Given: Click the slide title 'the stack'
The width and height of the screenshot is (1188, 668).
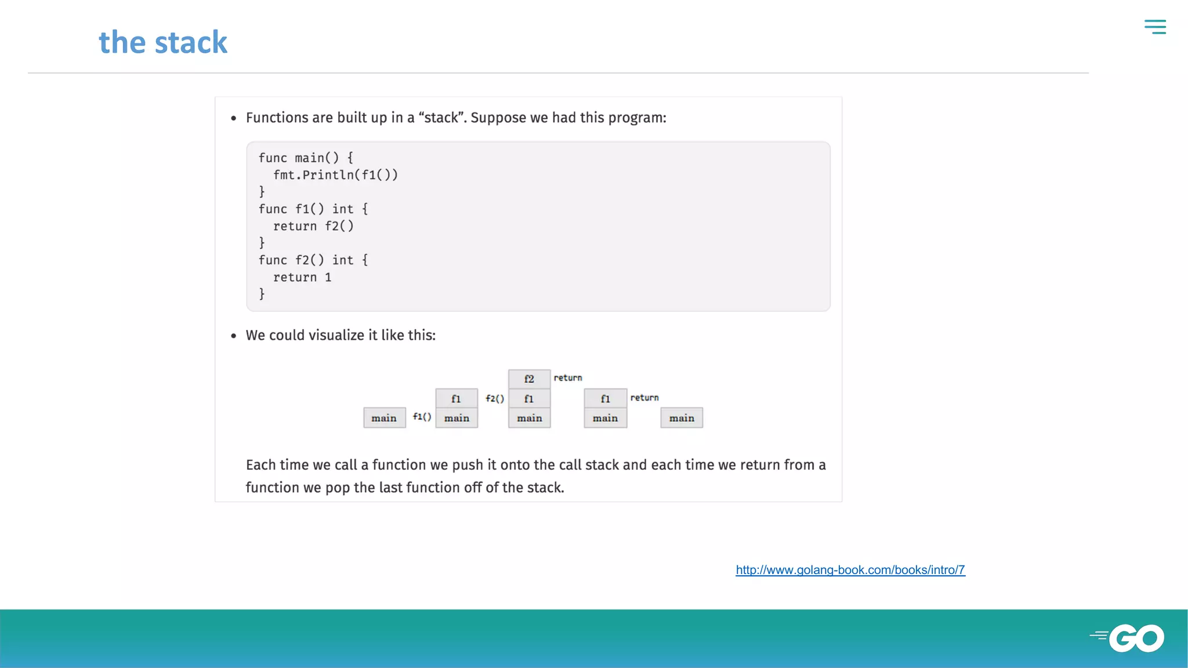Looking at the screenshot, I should click(x=163, y=42).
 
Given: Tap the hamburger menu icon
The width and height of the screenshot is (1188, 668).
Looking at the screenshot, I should click(x=1155, y=27).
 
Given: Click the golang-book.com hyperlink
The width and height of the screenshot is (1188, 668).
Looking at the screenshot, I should click(x=850, y=570).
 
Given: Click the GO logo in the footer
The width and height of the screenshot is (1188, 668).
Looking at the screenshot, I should click(x=1128, y=638).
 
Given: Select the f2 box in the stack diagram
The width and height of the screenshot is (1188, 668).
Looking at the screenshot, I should click(x=529, y=379).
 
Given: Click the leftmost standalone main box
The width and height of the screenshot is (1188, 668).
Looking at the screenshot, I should click(x=384, y=418).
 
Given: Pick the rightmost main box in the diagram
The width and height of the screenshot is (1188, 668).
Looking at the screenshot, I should click(x=682, y=418).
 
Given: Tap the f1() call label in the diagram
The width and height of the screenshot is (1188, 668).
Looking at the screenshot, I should click(x=422, y=416).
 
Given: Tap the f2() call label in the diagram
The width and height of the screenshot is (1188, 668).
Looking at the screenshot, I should click(x=495, y=398).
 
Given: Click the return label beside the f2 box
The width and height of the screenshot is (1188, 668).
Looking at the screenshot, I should click(x=567, y=377).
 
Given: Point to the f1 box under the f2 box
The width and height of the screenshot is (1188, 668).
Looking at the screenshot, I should click(x=529, y=399).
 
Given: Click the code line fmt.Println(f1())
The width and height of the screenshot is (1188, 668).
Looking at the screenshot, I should click(x=335, y=175).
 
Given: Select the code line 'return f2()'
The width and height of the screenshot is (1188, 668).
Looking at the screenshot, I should click(x=313, y=226).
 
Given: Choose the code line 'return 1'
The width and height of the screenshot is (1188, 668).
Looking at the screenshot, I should click(x=302, y=278).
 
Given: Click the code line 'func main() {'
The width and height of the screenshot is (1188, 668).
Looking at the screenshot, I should click(x=306, y=158).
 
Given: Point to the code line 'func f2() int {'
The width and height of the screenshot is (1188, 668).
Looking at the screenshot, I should click(x=313, y=260).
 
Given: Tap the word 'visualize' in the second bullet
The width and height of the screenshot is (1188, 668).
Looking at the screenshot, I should click(x=336, y=335).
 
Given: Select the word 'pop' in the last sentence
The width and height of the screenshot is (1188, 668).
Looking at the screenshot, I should click(x=337, y=488).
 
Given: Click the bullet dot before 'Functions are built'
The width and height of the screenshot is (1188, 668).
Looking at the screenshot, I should click(x=234, y=118).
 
